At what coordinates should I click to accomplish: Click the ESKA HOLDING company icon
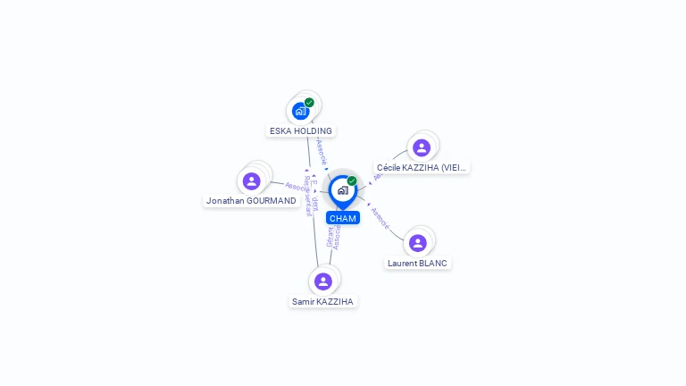click(x=300, y=112)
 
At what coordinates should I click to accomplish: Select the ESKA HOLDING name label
click(x=301, y=130)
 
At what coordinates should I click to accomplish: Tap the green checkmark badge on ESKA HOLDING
click(x=309, y=103)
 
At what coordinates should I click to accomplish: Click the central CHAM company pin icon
click(x=342, y=190)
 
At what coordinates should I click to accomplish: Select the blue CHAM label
click(x=342, y=218)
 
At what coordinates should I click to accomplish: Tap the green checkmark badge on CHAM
click(x=352, y=181)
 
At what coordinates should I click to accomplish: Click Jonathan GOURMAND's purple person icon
click(x=251, y=181)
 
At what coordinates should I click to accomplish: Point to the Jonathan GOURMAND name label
click(x=251, y=201)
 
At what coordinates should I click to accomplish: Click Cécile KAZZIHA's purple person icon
click(x=422, y=147)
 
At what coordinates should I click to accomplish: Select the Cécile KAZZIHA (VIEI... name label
click(x=422, y=167)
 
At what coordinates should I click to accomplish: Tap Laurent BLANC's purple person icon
click(x=417, y=243)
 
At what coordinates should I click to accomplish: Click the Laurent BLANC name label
click(x=417, y=263)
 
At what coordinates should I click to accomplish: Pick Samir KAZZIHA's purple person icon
click(x=323, y=281)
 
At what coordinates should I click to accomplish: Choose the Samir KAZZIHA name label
click(x=323, y=301)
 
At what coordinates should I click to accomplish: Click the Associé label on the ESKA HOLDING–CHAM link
click(x=322, y=151)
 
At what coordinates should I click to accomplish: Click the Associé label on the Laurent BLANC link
click(x=380, y=219)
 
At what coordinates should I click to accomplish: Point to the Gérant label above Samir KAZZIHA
click(x=329, y=237)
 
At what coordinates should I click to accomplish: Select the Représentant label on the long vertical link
click(x=306, y=196)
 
